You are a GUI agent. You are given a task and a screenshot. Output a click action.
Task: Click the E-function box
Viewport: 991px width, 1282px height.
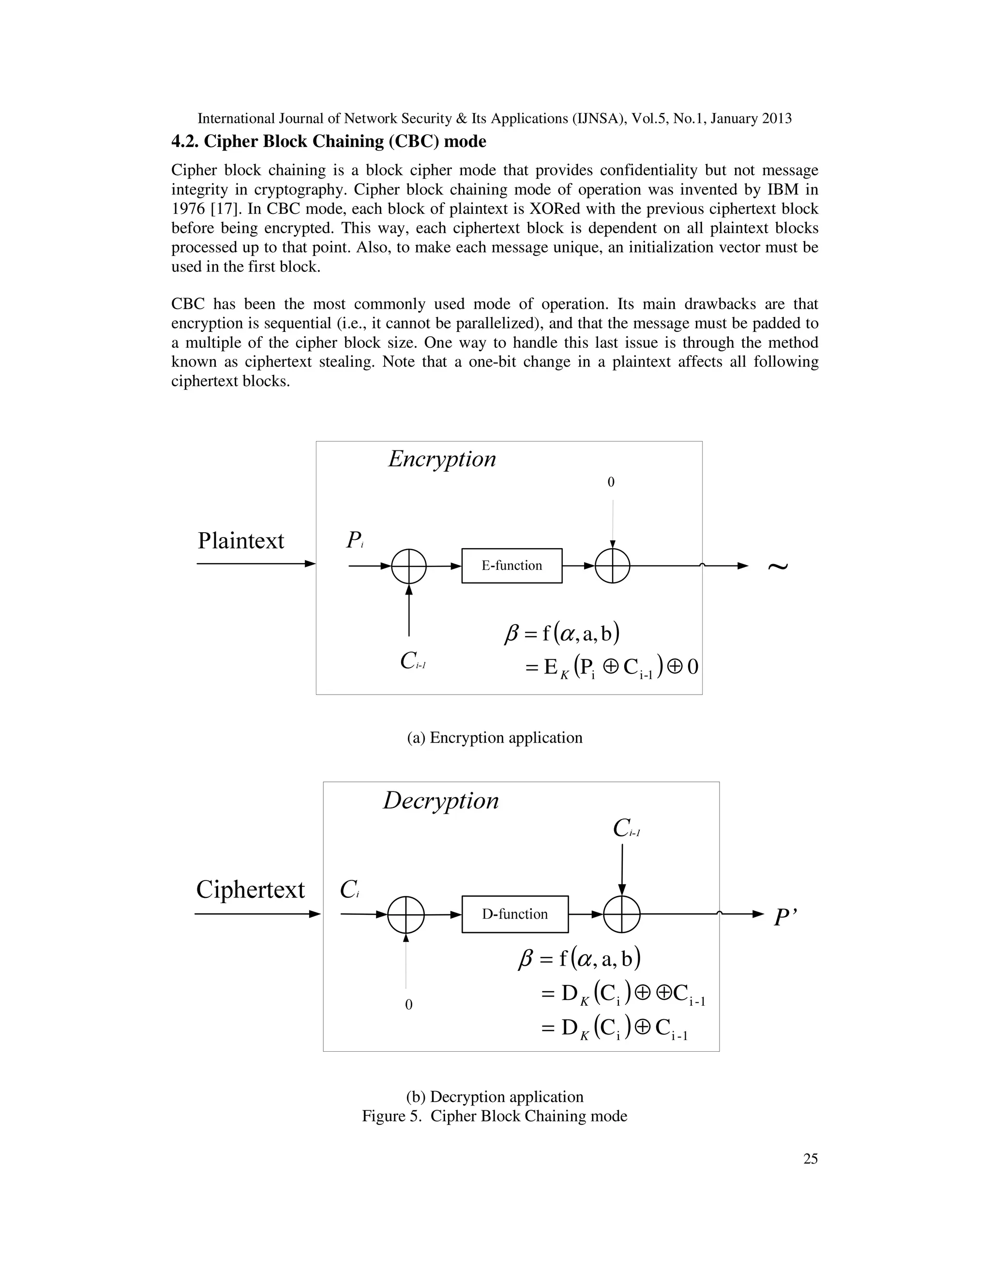pyautogui.click(x=511, y=565)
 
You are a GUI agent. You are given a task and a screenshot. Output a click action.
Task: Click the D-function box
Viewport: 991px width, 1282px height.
pyautogui.click(x=515, y=914)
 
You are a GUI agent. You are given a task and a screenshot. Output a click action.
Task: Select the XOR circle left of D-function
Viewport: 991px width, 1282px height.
pyautogui.click(x=405, y=914)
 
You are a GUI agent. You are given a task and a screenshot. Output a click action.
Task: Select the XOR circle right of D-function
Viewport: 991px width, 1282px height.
pyautogui.click(x=622, y=914)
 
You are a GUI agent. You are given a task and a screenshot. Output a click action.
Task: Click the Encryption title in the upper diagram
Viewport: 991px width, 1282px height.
pyautogui.click(x=442, y=459)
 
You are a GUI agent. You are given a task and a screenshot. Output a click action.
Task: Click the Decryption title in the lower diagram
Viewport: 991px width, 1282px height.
pyautogui.click(x=441, y=801)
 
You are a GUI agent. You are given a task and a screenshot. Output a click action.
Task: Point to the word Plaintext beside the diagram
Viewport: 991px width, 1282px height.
pyautogui.click(x=240, y=541)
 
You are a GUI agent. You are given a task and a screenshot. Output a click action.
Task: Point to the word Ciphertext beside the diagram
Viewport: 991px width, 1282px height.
pyautogui.click(x=250, y=889)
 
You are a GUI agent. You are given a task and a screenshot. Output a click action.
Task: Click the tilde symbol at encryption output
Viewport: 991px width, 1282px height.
pyautogui.click(x=778, y=566)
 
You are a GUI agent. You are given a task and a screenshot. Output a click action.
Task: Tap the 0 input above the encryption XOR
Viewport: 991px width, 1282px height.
pyautogui.click(x=611, y=482)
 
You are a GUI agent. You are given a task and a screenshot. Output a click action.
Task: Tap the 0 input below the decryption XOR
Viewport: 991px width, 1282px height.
pyautogui.click(x=408, y=1004)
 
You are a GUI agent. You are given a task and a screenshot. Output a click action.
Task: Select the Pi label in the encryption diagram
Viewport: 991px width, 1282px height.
pyautogui.click(x=355, y=539)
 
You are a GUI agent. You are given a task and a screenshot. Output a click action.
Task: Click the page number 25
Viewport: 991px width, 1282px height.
pyautogui.click(x=810, y=1158)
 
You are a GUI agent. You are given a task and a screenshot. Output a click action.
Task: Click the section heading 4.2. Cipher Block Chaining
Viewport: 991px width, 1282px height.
pyautogui.click(x=329, y=141)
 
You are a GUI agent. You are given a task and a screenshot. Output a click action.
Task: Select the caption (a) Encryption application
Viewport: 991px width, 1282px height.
pyautogui.click(x=495, y=737)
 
